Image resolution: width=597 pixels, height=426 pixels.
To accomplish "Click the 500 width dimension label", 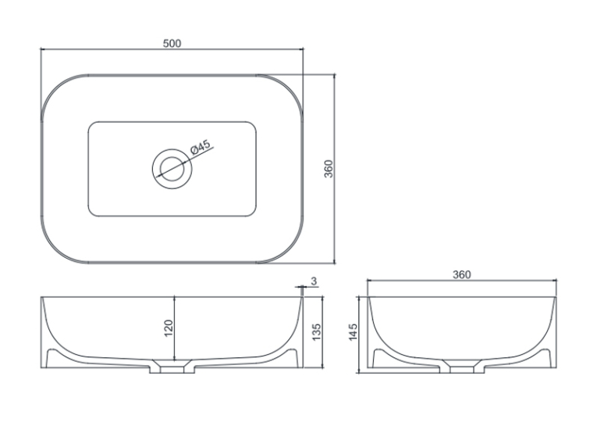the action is click(x=172, y=44).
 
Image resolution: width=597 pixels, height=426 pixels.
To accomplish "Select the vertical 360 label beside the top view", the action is click(x=329, y=169).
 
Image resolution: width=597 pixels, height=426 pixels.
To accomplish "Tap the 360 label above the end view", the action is click(x=462, y=274).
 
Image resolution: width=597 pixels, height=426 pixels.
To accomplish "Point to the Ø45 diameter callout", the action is click(x=200, y=147).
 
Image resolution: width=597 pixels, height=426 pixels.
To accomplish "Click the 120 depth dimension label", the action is click(x=169, y=328).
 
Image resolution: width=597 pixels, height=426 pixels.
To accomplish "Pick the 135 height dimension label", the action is click(x=316, y=331).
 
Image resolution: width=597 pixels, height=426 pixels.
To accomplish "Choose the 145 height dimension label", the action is click(x=353, y=331).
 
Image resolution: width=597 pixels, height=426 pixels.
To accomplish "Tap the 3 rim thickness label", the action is click(x=314, y=281).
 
